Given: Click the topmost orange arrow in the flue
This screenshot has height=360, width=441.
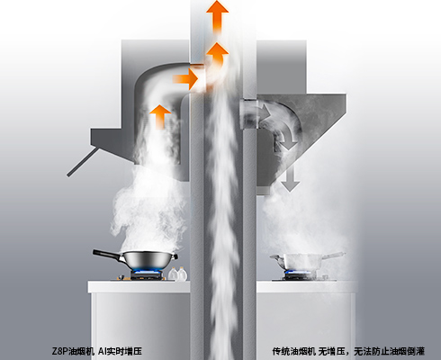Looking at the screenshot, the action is [217, 15].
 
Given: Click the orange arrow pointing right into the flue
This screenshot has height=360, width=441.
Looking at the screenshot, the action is [186, 79].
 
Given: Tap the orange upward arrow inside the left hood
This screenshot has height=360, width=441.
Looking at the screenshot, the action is [160, 116].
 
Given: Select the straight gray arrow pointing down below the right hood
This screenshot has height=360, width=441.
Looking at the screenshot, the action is [290, 177].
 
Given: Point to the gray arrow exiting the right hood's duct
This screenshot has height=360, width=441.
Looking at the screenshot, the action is [264, 111].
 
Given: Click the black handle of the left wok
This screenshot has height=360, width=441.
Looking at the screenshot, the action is [107, 254].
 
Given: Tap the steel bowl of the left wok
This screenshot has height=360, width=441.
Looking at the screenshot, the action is [149, 260].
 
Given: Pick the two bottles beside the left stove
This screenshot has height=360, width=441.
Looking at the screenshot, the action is [178, 274].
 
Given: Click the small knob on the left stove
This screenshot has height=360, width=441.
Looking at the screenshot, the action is [121, 277].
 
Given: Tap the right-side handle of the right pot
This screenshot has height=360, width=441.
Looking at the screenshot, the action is [334, 256].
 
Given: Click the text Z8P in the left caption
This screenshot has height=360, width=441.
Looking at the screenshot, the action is [60, 351].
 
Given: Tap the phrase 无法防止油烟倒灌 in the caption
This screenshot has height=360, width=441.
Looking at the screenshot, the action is [389, 351].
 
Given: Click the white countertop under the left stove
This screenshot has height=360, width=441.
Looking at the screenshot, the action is [139, 287].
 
